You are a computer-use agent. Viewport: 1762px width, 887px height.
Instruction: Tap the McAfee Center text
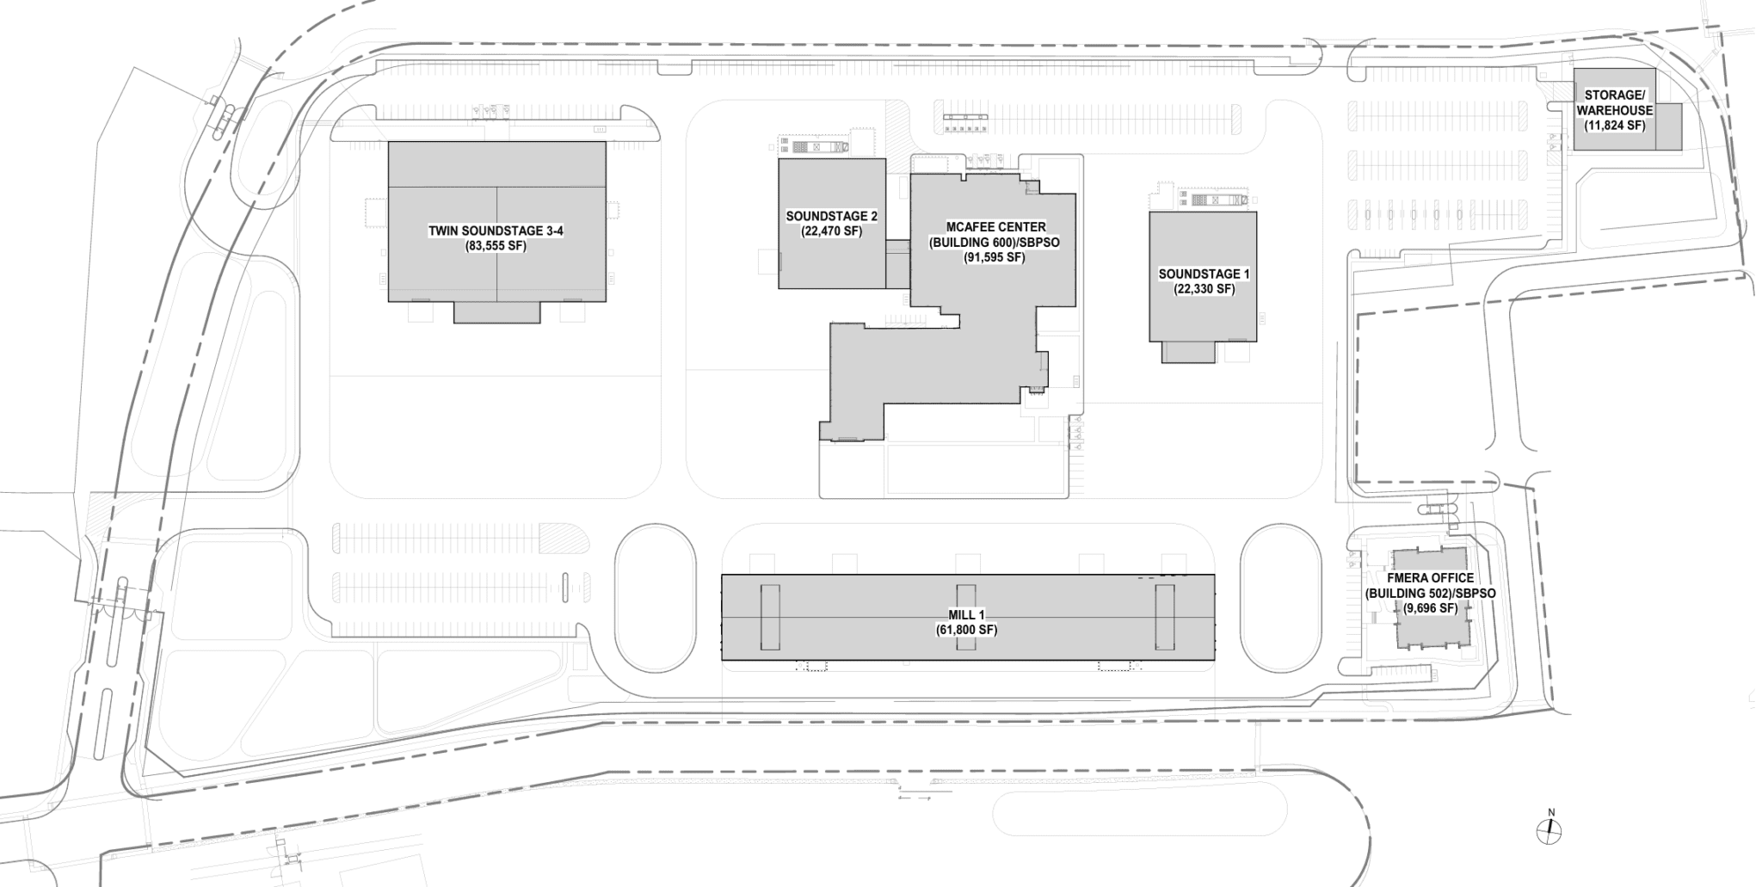point(995,227)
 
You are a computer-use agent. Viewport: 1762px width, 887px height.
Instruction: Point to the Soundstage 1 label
point(1204,274)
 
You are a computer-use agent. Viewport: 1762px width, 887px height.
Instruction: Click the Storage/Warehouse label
point(1614,103)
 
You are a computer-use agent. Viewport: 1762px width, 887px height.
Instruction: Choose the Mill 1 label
point(967,614)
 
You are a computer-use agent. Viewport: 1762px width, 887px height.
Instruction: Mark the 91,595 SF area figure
point(995,257)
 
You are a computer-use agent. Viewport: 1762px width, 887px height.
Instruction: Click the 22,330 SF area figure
point(1204,289)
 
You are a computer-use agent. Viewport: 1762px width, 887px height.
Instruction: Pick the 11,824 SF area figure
point(1614,126)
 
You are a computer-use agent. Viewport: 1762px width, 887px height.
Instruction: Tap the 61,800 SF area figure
point(967,630)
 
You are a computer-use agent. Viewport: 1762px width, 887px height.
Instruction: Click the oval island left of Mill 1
point(656,599)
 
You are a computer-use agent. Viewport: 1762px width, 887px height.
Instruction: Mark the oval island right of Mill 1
point(1278,599)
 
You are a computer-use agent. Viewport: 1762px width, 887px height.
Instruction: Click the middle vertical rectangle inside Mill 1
point(966,617)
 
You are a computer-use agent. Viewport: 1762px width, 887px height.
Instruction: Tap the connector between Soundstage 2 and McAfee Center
point(897,263)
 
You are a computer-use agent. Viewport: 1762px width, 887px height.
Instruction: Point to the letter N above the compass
point(1551,812)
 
